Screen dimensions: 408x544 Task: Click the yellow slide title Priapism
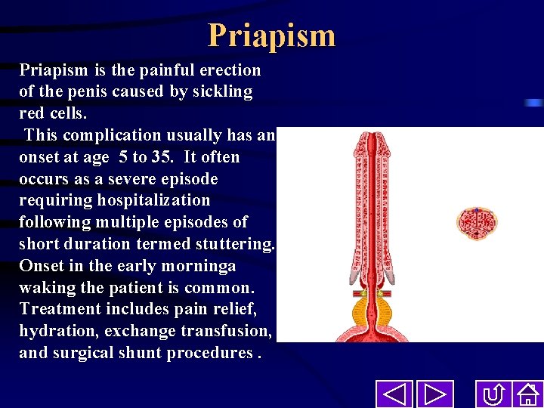coord(271,36)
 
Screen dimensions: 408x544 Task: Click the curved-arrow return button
coord(494,394)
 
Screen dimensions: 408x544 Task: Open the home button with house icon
coord(527,394)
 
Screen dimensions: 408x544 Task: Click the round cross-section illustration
coord(476,222)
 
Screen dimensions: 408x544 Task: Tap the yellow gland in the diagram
coord(374,310)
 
